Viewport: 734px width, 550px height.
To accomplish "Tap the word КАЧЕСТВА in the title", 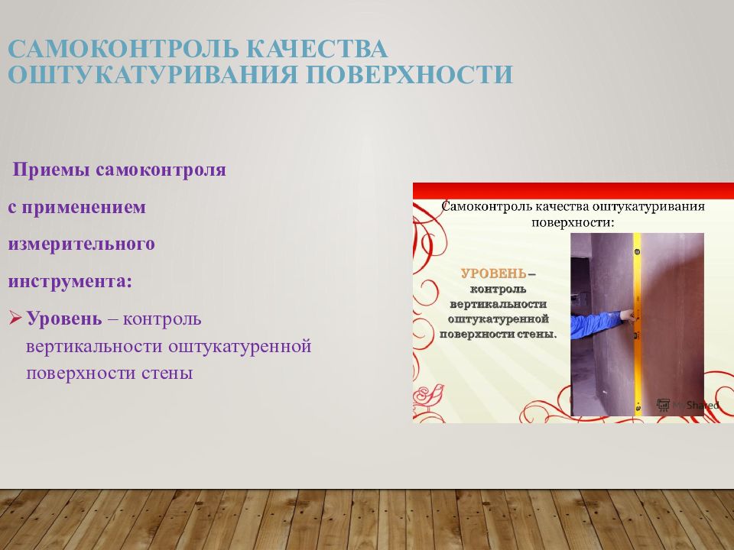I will pos(318,50).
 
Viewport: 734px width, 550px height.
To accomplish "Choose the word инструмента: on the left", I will pos(70,281).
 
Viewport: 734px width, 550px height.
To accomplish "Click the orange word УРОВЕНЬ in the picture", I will pos(492,273).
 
